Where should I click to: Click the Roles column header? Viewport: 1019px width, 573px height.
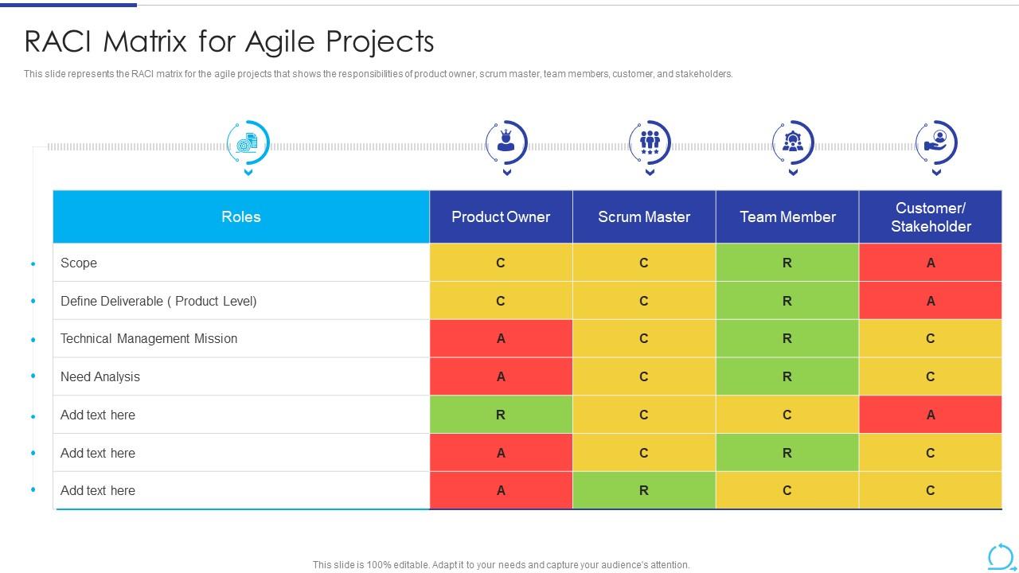(240, 216)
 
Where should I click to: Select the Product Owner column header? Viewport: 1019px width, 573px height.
(501, 216)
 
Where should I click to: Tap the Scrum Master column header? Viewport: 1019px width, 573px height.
(644, 216)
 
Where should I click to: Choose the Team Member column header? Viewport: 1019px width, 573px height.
(787, 216)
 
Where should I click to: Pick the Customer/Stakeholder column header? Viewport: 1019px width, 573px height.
(931, 216)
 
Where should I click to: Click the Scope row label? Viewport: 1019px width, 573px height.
(79, 263)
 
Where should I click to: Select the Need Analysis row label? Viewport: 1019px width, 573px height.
(100, 376)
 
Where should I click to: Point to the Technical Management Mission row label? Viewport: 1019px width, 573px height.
(149, 338)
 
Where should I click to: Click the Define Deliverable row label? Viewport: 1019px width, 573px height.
(158, 301)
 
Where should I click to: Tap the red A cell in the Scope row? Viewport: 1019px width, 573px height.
(931, 263)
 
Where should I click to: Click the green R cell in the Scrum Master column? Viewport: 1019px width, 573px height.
(644, 490)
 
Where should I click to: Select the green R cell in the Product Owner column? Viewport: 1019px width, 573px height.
(501, 415)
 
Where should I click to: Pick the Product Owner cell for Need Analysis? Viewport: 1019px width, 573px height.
(501, 376)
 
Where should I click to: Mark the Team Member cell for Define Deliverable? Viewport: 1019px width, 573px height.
(787, 301)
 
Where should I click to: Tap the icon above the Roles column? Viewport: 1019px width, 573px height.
(247, 143)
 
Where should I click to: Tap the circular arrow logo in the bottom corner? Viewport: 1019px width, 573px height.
(1000, 556)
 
